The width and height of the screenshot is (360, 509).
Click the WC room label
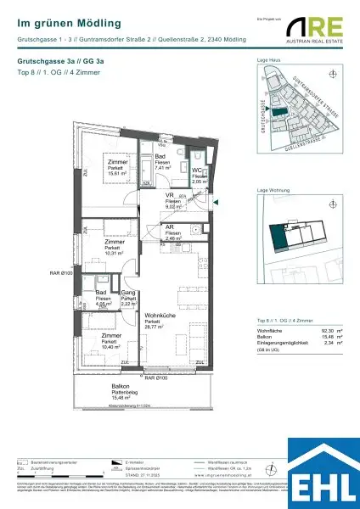[x=197, y=169]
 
